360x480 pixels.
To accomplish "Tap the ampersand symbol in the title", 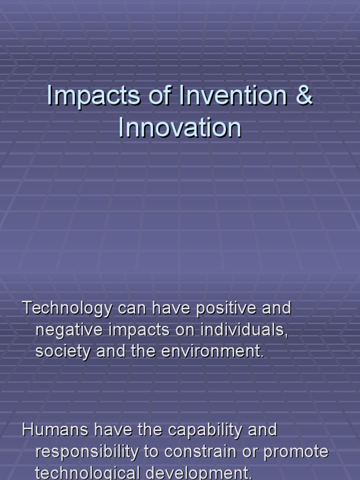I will point(304,96).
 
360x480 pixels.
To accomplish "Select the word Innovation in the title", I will point(180,128).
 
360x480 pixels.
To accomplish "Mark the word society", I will point(63,352).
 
